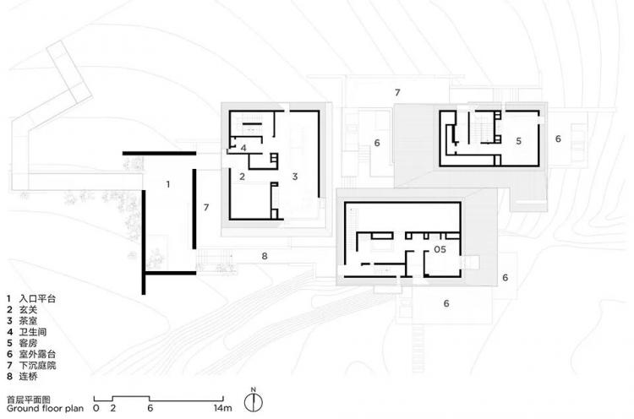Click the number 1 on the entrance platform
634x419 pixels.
coord(168,184)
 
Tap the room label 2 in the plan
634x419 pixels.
coord(243,177)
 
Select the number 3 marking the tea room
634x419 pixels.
coord(295,177)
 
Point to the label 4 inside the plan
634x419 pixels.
coord(243,148)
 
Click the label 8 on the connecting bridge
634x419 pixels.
coord(265,256)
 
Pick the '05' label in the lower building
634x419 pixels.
coord(440,249)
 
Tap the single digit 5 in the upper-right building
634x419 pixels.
coord(518,140)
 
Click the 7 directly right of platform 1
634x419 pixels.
coord(206,207)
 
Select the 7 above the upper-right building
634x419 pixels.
coord(397,93)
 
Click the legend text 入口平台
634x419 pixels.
coord(37,299)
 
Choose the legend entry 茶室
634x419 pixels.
coord(28,321)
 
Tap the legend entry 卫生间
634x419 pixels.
coord(33,332)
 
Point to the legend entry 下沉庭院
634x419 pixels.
coord(37,365)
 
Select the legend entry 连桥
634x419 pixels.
coord(28,377)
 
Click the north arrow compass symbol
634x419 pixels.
coord(254,400)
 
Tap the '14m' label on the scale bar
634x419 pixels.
coord(223,408)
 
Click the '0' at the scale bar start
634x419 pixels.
coord(96,408)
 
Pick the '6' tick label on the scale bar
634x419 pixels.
coord(150,408)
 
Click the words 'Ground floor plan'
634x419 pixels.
coord(45,409)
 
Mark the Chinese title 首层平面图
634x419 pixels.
coord(28,400)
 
